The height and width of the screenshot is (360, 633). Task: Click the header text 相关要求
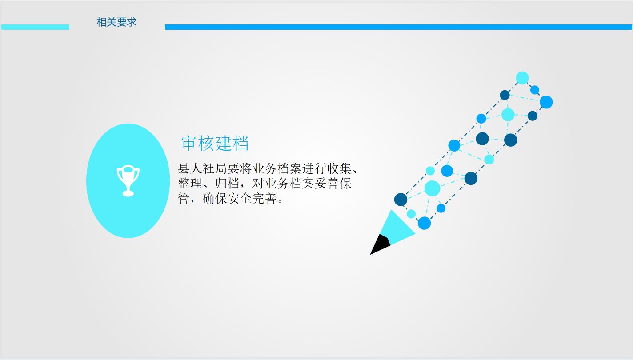click(116, 22)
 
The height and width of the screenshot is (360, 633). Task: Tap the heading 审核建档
click(215, 143)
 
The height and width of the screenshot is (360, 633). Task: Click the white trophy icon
click(128, 181)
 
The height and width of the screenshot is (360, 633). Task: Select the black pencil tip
click(380, 245)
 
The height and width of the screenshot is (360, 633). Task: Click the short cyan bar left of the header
click(35, 27)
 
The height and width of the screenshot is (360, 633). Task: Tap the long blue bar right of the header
click(398, 27)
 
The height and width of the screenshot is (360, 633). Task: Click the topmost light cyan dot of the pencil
click(522, 78)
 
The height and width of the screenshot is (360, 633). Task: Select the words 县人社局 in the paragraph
click(202, 169)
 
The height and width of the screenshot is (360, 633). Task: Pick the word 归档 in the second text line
click(227, 184)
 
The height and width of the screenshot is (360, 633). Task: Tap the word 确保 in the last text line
click(215, 198)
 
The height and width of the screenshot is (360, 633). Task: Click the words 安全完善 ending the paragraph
click(252, 198)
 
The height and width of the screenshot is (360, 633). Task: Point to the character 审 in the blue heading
click(188, 143)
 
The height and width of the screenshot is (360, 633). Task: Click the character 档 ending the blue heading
click(241, 143)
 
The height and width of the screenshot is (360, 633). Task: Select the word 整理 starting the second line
click(190, 184)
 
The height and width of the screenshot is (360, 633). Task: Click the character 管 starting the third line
click(184, 198)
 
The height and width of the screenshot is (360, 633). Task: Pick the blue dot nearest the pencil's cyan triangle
click(424, 223)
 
